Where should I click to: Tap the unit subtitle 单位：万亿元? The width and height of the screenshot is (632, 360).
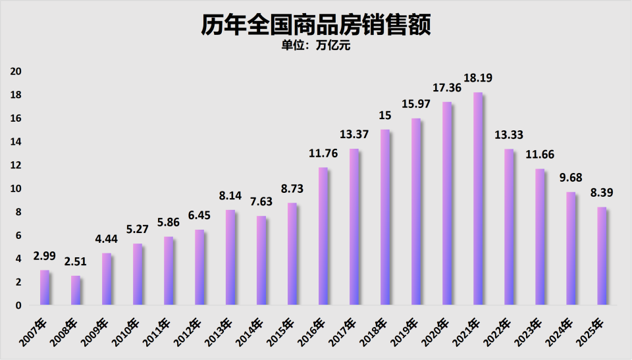(315, 47)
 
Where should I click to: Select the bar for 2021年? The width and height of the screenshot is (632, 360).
(478, 199)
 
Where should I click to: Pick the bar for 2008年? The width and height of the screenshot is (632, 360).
(76, 290)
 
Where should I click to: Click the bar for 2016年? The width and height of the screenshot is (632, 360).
(323, 236)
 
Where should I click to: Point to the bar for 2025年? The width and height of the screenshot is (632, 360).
(602, 256)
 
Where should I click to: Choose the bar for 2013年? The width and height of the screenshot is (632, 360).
(230, 257)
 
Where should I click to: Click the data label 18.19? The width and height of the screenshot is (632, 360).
(478, 78)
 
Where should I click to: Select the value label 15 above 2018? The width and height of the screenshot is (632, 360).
(385, 115)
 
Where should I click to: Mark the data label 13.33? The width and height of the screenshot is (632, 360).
(509, 135)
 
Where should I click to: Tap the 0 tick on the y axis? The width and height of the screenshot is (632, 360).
(19, 305)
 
